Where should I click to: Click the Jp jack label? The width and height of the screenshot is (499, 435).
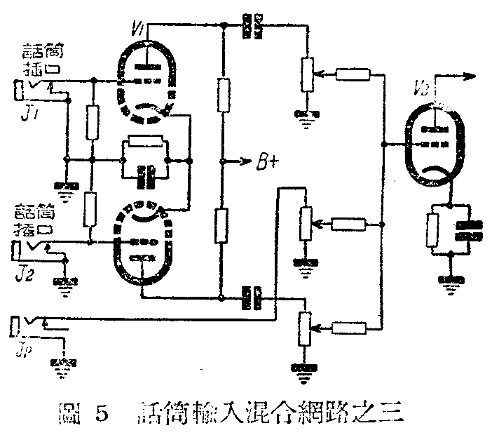(22, 348)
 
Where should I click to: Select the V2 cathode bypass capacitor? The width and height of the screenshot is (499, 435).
(466, 231)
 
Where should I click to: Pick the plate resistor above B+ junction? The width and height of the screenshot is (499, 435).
(222, 97)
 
